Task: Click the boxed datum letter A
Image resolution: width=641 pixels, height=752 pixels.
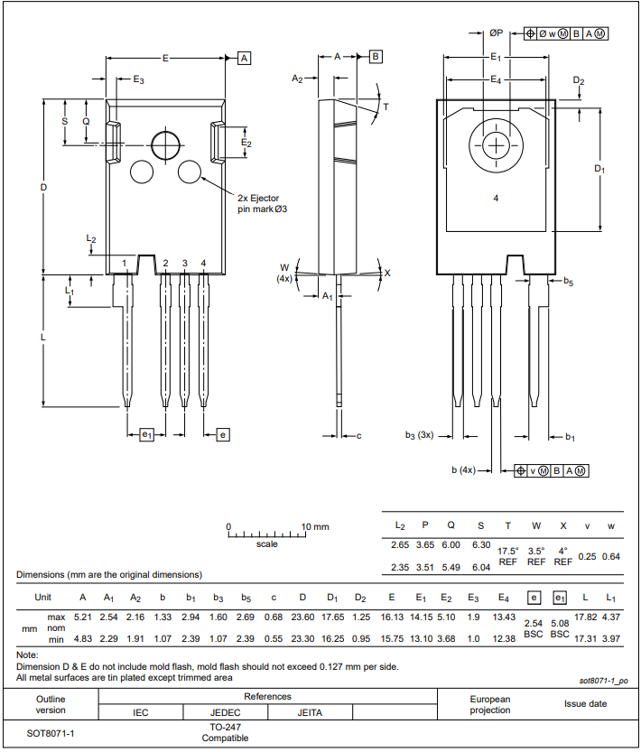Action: point(244,58)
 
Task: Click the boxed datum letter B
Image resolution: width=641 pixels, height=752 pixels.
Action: point(376,56)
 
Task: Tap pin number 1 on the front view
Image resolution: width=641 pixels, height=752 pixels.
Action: point(125,264)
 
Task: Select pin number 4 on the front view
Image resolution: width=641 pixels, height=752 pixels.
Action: point(204,264)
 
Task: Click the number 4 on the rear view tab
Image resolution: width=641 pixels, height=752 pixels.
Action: point(496,198)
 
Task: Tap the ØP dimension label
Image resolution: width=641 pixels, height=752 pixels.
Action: point(497,32)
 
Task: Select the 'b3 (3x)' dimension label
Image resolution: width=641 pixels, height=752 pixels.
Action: point(419,434)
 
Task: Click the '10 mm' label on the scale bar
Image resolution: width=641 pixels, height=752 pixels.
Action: point(315,526)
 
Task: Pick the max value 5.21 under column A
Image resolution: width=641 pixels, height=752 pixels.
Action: point(83,617)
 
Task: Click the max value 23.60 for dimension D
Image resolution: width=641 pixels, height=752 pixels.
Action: point(302,617)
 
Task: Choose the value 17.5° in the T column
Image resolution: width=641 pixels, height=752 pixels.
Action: point(508,551)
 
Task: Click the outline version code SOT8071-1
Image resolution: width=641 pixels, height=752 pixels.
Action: point(51,732)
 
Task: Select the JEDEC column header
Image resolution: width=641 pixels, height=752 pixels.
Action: point(225,712)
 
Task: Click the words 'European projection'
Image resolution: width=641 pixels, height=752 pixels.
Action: point(490,705)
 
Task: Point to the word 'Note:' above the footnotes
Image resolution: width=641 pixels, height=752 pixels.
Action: point(27,655)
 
